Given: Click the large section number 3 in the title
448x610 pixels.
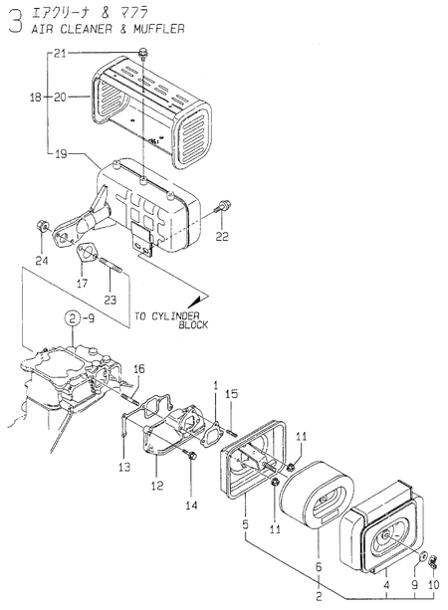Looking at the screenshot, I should pyautogui.click(x=12, y=21).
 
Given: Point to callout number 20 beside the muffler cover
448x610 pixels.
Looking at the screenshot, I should pyautogui.click(x=59, y=98).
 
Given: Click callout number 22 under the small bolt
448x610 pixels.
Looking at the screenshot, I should pyautogui.click(x=221, y=236).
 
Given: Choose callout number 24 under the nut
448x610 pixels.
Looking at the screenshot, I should pyautogui.click(x=41, y=261).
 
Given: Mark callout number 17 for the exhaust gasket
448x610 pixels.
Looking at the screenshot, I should pyautogui.click(x=82, y=284).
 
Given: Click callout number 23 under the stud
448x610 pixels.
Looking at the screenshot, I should pyautogui.click(x=110, y=299).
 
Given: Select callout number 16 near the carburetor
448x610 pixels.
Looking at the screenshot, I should pyautogui.click(x=139, y=369).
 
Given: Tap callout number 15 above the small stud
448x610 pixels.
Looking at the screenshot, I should pyautogui.click(x=231, y=395).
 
